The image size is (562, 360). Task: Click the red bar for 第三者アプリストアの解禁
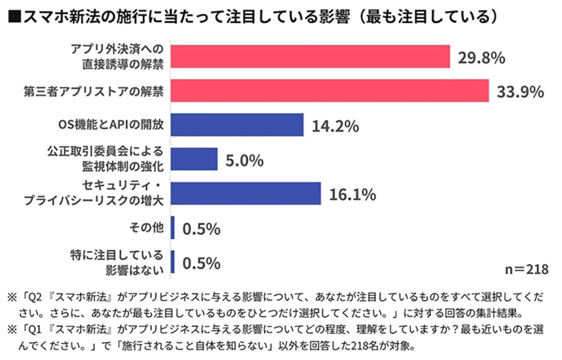(330, 91)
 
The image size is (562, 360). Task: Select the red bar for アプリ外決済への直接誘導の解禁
(310, 57)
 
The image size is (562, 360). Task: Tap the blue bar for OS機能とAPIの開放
(237, 125)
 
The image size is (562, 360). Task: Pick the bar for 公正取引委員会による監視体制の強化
(194, 159)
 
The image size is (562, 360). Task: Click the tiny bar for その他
(173, 228)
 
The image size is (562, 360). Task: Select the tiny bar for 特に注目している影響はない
(173, 262)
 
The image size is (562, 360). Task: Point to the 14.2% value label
(332, 125)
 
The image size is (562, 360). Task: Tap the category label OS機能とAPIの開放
(108, 125)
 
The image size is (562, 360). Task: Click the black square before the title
(13, 17)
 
